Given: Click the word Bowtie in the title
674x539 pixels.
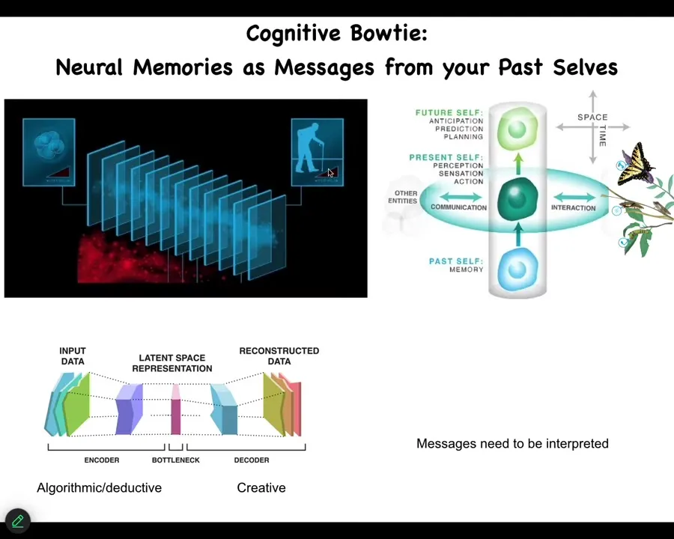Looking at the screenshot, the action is (389, 33).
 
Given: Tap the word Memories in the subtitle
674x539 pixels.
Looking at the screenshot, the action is (183, 67).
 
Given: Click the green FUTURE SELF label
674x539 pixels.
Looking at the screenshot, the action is (449, 112).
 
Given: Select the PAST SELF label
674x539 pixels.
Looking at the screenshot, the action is (456, 261).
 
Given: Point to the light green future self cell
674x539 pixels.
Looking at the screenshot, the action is (517, 129).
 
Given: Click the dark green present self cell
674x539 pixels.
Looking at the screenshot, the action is (517, 199).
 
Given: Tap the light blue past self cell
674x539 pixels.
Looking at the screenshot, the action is (517, 269).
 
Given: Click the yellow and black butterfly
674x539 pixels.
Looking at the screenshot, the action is (635, 164).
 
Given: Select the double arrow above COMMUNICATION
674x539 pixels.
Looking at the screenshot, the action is (461, 198).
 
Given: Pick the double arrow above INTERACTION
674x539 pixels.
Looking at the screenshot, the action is (574, 198).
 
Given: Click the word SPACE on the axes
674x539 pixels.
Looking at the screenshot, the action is (592, 118).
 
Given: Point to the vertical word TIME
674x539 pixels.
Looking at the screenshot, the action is (603, 135).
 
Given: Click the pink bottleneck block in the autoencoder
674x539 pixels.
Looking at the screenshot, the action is (176, 409).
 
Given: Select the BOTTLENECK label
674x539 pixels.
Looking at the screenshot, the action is (176, 460).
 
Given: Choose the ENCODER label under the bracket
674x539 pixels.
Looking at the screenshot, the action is (102, 460).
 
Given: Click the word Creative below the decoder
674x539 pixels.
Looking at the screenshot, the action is (261, 488).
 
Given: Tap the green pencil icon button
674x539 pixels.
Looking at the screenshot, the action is (18, 521).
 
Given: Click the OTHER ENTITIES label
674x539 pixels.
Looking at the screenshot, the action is (403, 197).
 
